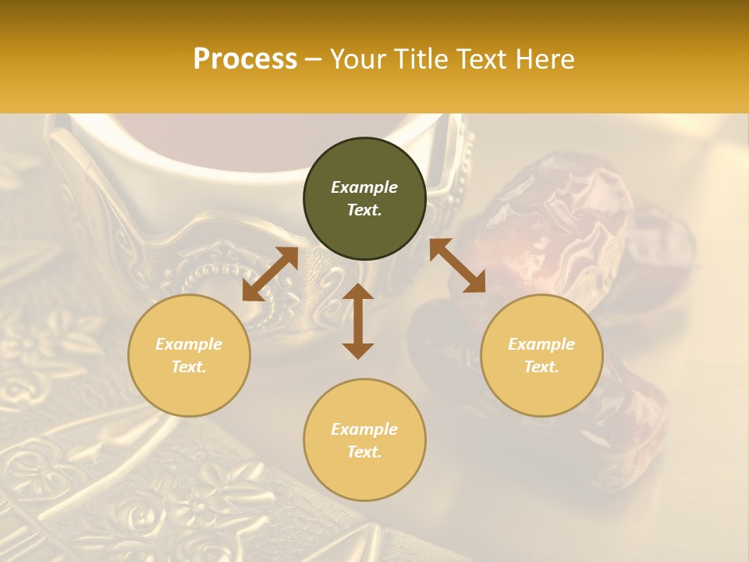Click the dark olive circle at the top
364,199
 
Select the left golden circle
189,355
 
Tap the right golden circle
541,355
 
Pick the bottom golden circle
364,440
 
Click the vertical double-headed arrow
358,321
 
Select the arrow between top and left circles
270,274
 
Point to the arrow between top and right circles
457,265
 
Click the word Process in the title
245,59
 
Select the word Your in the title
358,59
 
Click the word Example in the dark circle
364,187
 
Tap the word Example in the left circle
189,344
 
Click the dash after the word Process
314,59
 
